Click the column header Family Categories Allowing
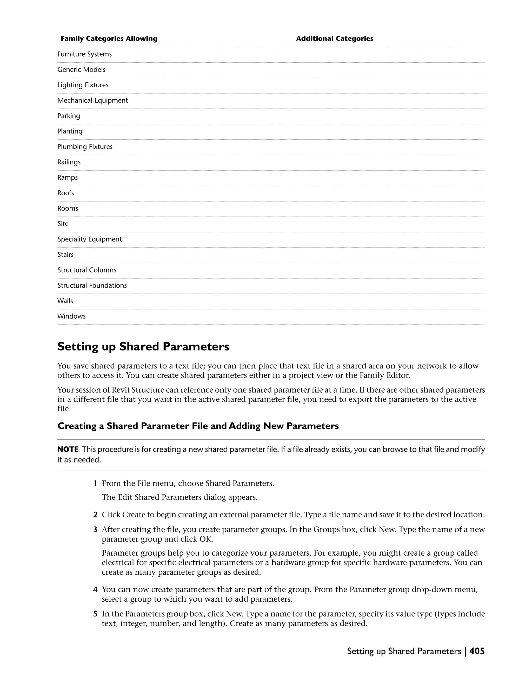point(109,38)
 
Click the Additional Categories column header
point(334,38)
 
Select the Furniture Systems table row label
point(84,54)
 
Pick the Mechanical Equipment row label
point(93,101)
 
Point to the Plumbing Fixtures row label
point(85,147)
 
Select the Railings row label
point(69,162)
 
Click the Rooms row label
point(68,209)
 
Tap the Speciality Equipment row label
point(90,239)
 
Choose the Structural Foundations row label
point(92,285)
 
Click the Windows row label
point(71,316)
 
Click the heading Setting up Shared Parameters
point(143,347)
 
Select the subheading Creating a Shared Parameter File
point(198,426)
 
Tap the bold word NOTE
point(68,450)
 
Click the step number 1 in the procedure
point(95,484)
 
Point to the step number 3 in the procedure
point(95,530)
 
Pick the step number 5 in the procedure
point(95,614)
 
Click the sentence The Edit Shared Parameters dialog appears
point(180,497)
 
